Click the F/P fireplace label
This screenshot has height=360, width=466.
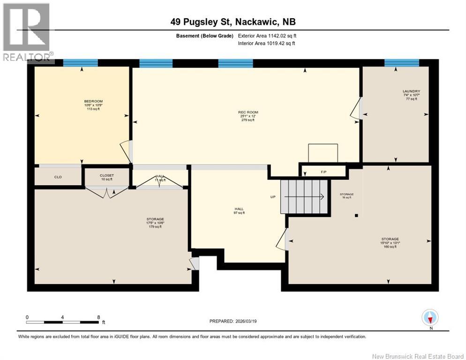click(323, 172)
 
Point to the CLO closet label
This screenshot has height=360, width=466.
click(58, 177)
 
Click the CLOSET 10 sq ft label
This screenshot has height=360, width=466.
click(106, 177)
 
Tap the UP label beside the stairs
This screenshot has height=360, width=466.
click(273, 197)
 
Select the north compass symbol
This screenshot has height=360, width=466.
click(430, 318)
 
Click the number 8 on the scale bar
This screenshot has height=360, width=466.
click(98, 317)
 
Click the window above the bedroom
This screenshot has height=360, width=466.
click(80, 63)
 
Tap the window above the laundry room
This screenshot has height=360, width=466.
click(401, 63)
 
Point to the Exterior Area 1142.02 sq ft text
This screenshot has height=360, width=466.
click(267, 35)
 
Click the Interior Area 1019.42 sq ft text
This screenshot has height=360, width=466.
click(266, 44)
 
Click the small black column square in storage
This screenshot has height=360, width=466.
click(357, 216)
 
